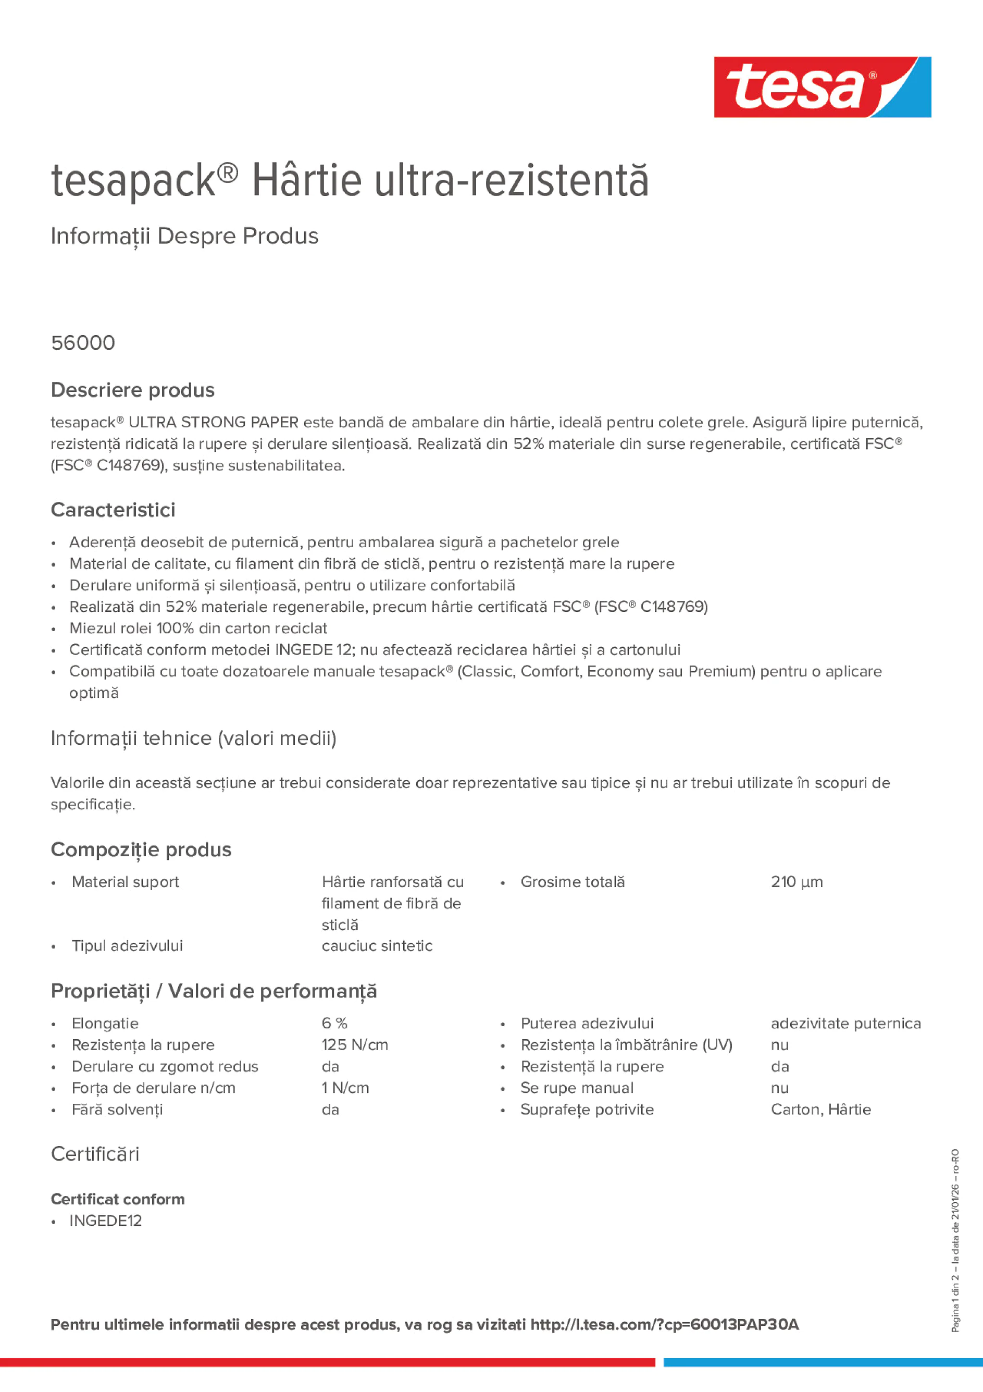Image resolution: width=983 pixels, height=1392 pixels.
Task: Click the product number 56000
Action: coord(83,343)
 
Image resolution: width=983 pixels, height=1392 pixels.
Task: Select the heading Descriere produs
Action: coord(133,390)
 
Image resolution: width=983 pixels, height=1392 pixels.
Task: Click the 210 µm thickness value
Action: coord(797,882)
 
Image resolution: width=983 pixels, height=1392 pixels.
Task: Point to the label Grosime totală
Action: coord(572,882)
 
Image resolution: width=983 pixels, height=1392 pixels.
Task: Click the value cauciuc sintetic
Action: coord(377,946)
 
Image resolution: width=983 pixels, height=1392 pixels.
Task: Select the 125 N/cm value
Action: coord(355,1044)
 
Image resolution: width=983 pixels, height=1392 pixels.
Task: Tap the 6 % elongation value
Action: coord(334,1024)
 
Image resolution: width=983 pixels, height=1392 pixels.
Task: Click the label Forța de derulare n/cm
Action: coord(153,1088)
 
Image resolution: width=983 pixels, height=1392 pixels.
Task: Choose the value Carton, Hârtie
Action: coord(820,1110)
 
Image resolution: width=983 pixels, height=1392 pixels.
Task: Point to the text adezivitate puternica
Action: coord(845,1024)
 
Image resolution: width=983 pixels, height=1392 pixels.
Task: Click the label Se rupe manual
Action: coord(577,1088)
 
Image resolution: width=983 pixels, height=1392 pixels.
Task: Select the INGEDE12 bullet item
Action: coord(105,1221)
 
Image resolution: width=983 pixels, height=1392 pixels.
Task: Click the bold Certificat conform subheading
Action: coord(118,1199)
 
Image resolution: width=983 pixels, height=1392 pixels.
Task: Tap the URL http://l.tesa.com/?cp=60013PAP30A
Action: coord(664,1325)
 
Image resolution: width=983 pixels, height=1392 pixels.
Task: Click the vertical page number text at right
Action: coord(955,1240)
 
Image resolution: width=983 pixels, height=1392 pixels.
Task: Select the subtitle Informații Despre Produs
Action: coord(184,236)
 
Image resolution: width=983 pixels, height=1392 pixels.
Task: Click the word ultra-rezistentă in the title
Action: coord(511,181)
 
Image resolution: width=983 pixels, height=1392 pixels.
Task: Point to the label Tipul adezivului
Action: coord(127,946)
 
